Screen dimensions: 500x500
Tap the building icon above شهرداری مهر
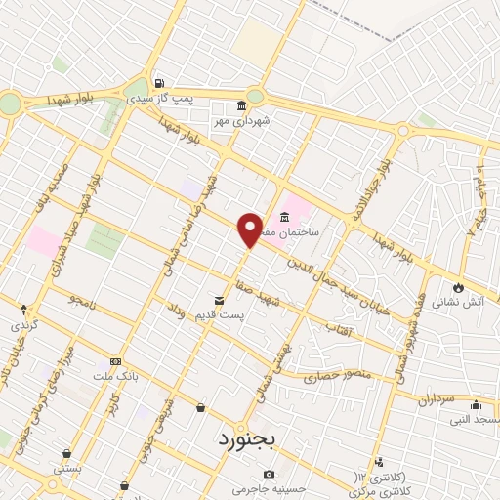(x=241, y=106)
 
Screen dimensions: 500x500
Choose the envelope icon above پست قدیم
(x=221, y=300)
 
